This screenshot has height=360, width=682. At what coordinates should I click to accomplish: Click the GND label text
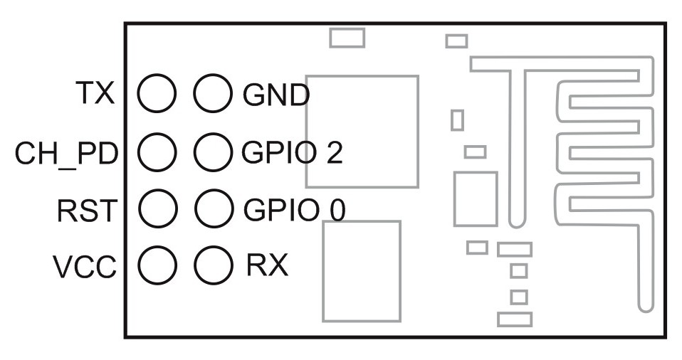pyautogui.click(x=276, y=94)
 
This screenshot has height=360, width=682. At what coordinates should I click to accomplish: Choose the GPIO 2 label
pyautogui.click(x=292, y=152)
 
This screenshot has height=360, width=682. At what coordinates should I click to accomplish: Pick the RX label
pyautogui.click(x=267, y=266)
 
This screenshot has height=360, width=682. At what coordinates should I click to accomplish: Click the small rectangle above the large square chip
pyautogui.click(x=347, y=38)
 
